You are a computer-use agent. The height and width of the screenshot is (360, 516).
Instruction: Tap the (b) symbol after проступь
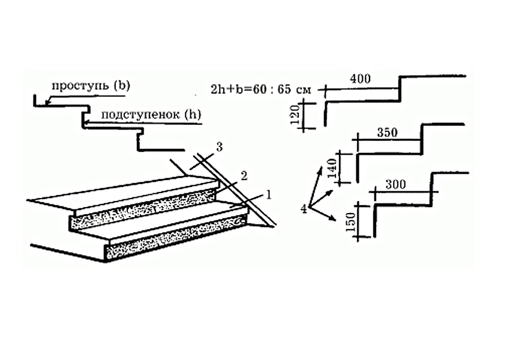pos(121,85)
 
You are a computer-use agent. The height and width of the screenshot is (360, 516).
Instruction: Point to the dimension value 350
pos(388,133)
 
